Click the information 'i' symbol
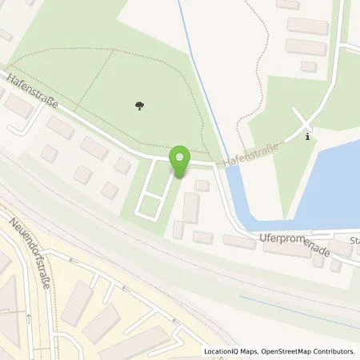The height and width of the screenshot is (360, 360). click(309, 137)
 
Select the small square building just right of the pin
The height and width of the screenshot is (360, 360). click(202, 185)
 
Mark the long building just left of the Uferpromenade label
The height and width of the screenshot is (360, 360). click(238, 242)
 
